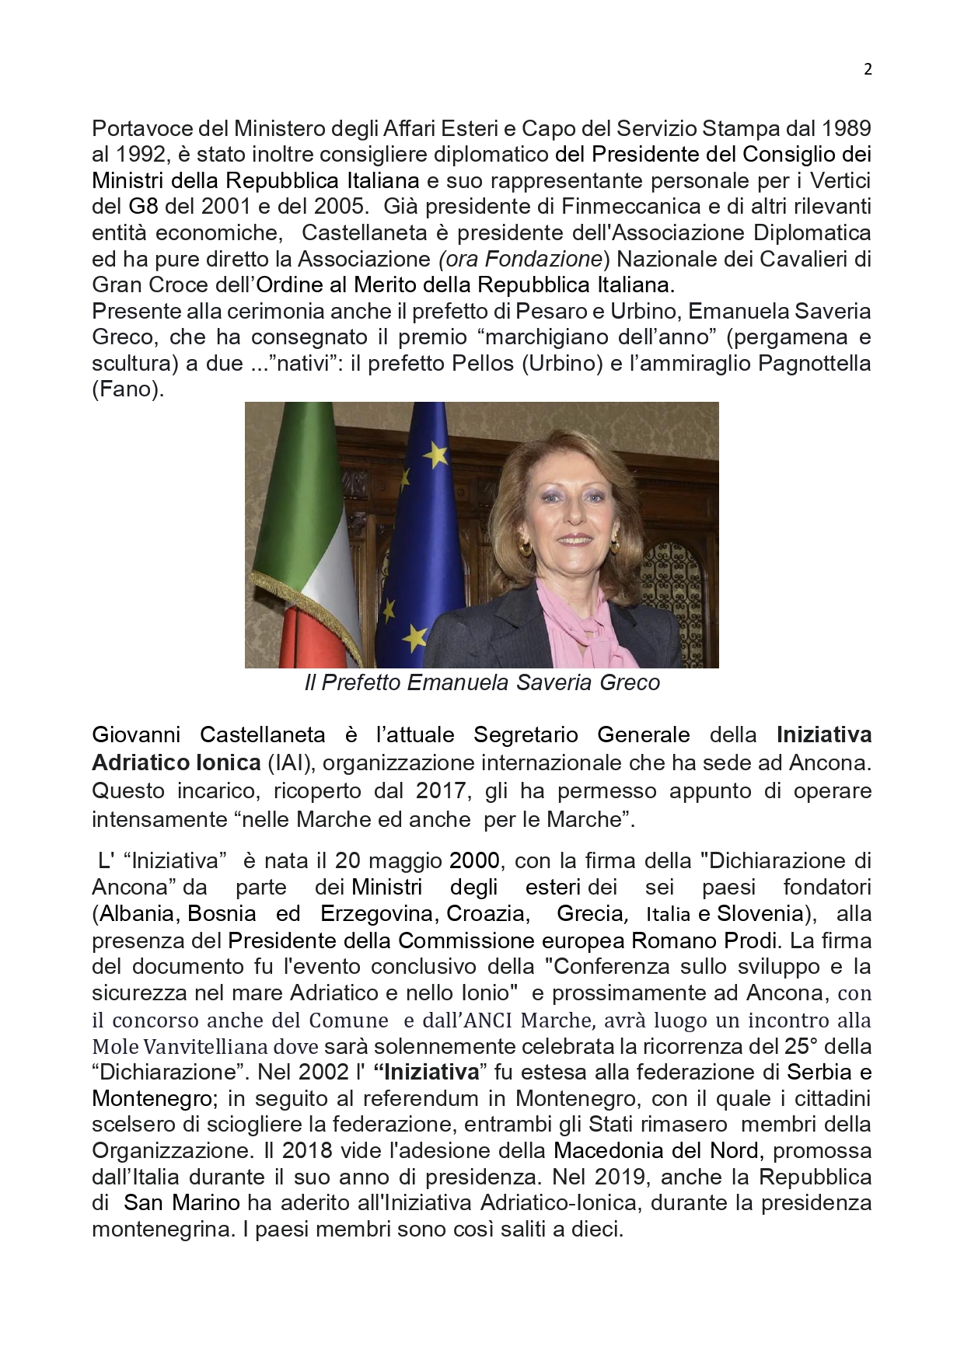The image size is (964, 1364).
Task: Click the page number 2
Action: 868,69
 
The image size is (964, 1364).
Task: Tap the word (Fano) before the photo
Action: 128,389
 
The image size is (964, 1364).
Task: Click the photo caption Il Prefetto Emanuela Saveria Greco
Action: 482,682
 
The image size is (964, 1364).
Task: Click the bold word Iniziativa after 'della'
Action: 824,734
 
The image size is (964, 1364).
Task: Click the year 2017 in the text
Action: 442,791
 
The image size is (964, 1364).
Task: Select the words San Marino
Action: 182,1203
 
